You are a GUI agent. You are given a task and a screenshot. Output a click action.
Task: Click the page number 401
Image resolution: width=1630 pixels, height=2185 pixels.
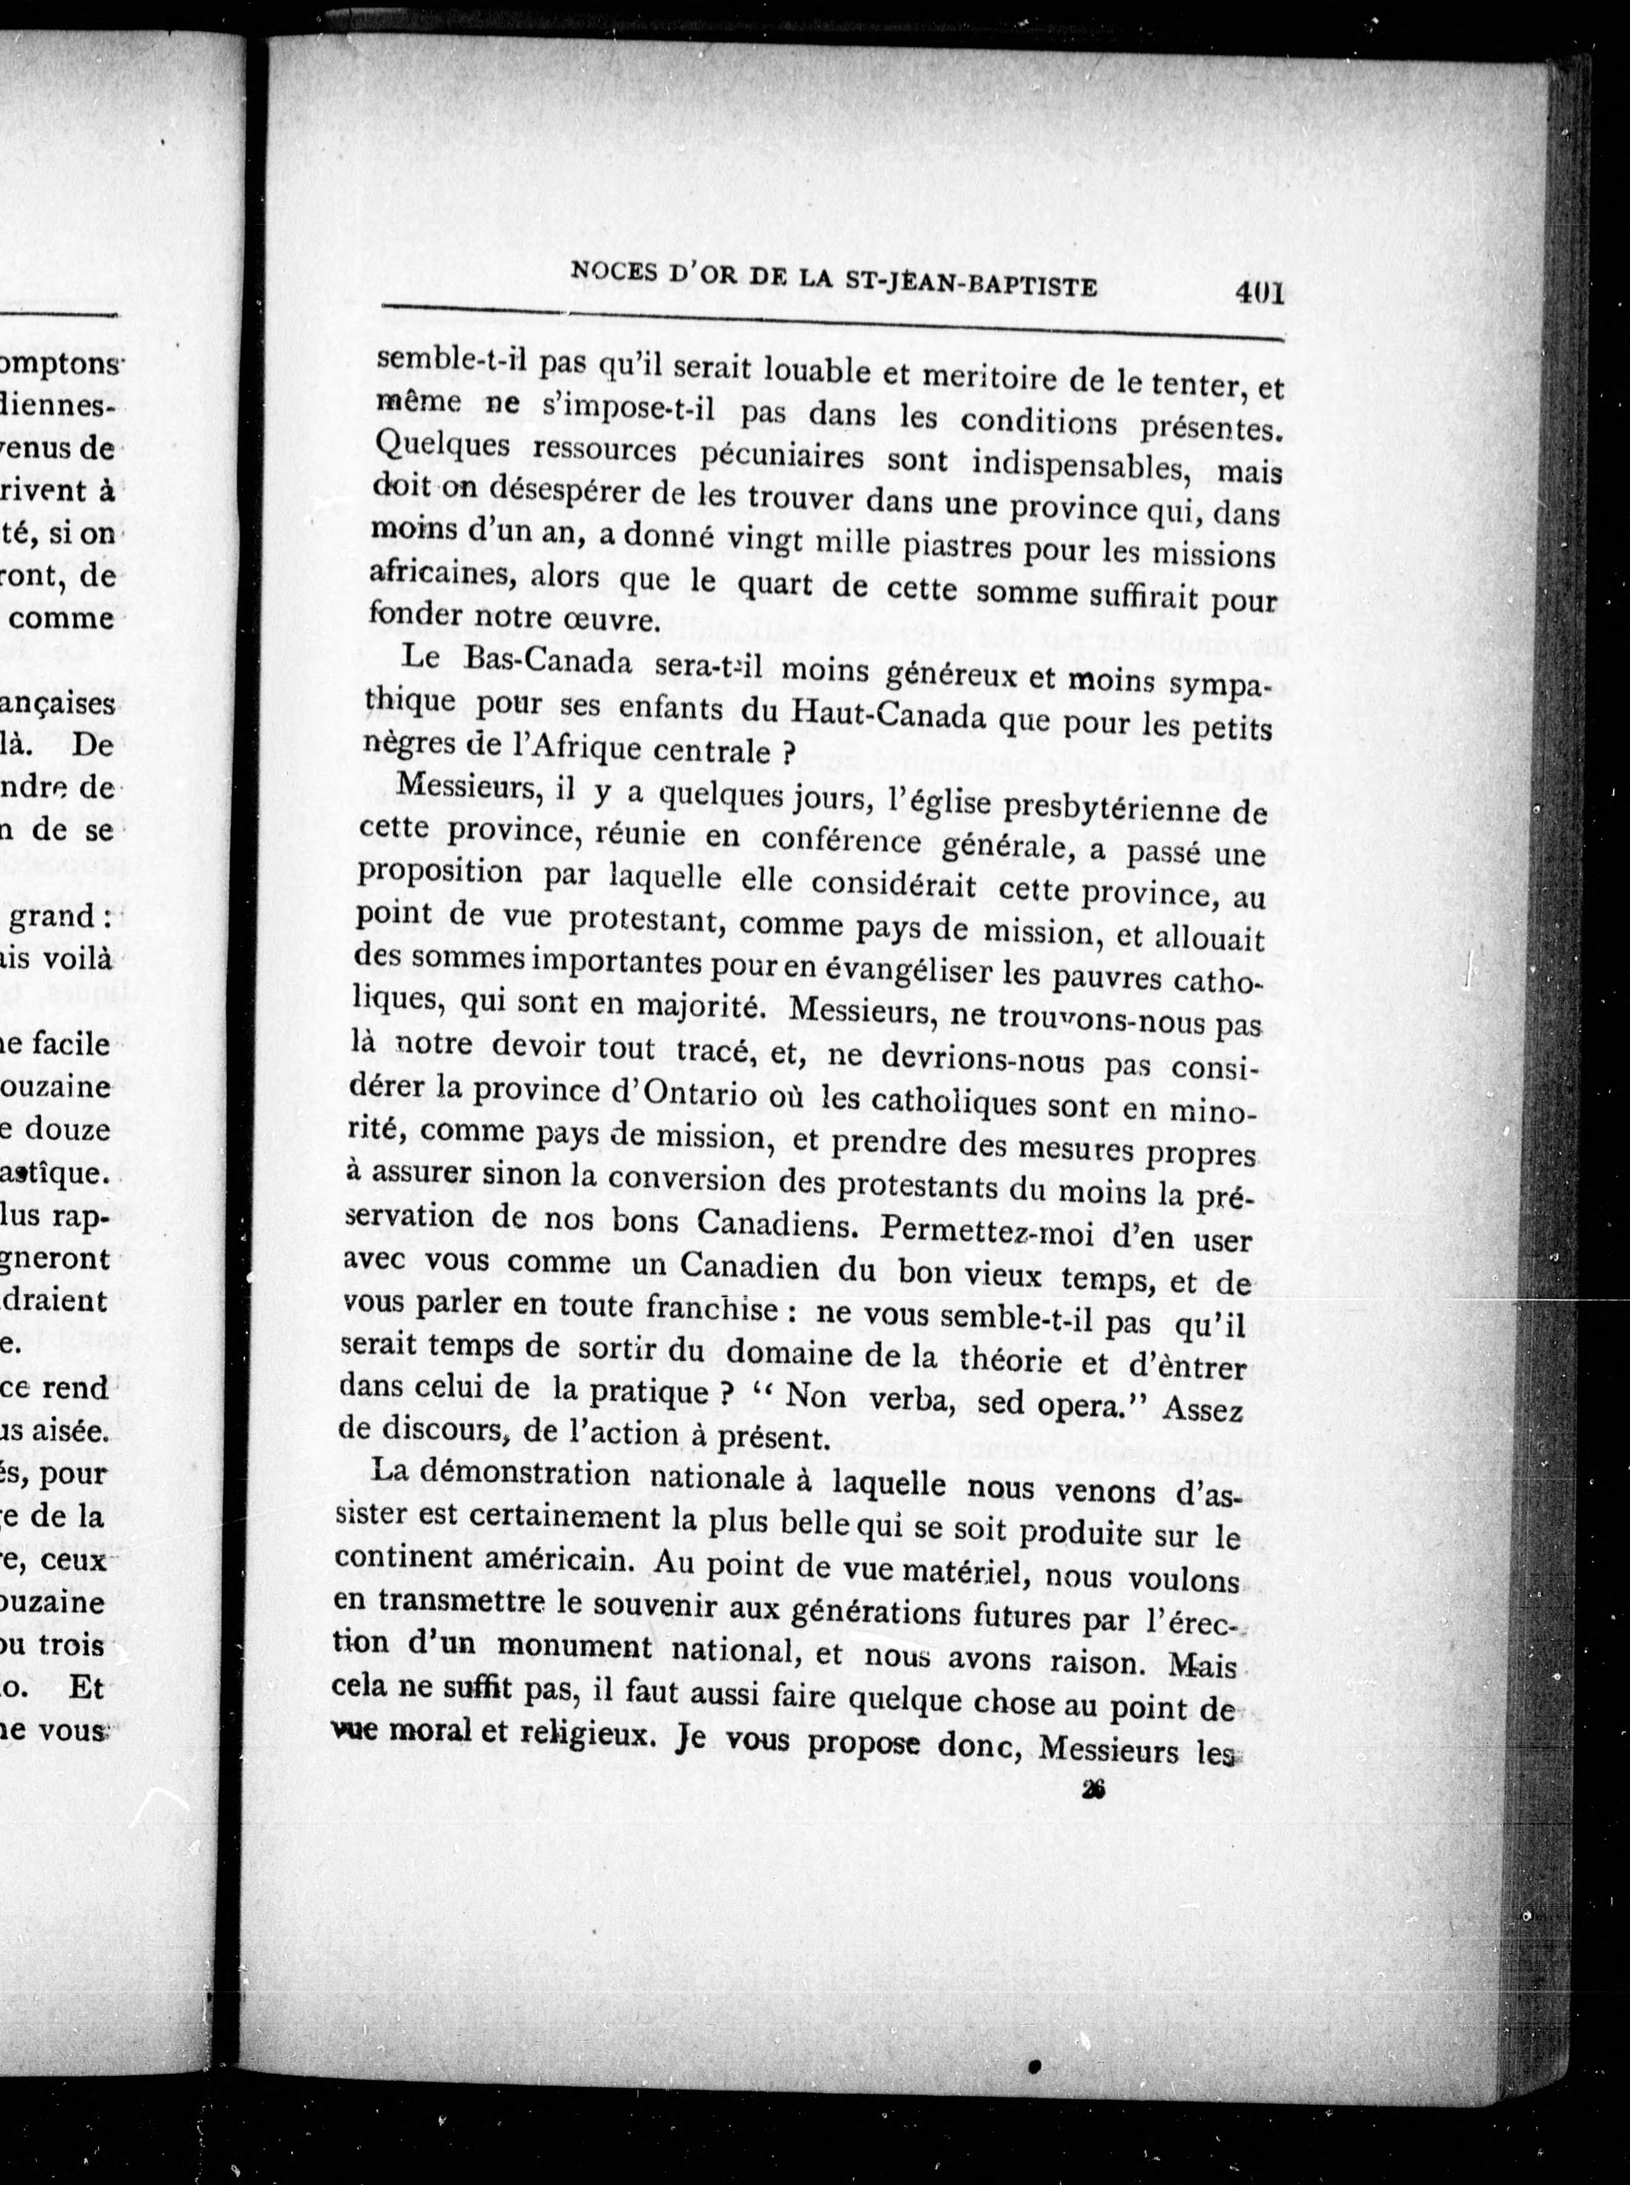coord(1257,294)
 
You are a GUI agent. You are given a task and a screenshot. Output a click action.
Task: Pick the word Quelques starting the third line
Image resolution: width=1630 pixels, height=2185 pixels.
coord(443,445)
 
